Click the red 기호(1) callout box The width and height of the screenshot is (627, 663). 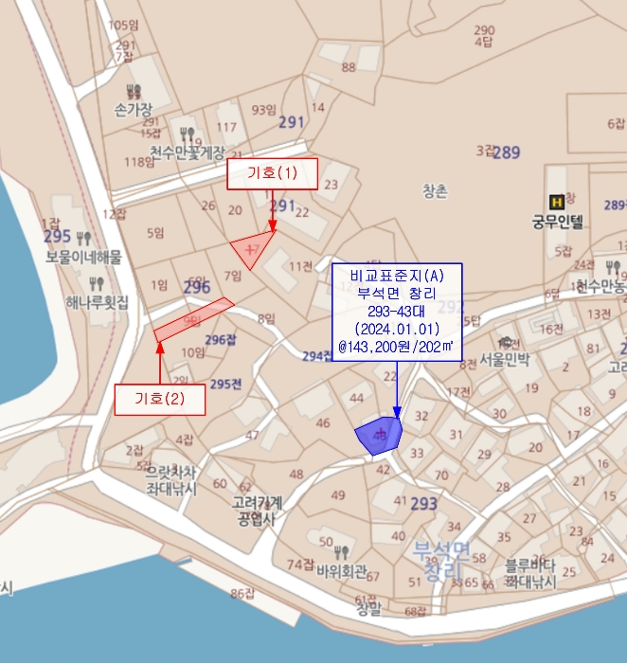[272, 173]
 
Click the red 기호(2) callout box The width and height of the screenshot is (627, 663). [160, 399]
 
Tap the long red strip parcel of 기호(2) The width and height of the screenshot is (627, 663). [193, 318]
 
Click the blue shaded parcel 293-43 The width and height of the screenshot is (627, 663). [379, 434]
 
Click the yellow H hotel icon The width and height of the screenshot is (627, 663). [557, 201]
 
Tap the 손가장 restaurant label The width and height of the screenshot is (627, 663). [133, 110]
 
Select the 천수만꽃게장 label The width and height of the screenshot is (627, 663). [187, 152]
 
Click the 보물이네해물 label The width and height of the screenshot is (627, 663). [83, 257]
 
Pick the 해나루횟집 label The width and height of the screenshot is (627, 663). [97, 302]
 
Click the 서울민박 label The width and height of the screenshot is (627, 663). [505, 360]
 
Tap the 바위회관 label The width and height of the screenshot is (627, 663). [342, 571]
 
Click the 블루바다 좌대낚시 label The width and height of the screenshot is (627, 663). [529, 571]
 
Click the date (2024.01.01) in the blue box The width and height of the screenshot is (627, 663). [396, 329]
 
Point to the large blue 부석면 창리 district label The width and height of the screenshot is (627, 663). [440, 560]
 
